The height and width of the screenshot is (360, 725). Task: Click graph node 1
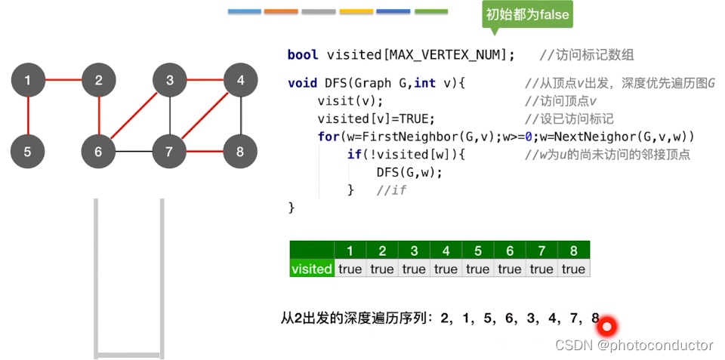28,80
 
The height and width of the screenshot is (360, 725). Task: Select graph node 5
28,152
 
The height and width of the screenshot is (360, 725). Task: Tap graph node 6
98,152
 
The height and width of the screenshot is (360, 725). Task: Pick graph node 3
170,80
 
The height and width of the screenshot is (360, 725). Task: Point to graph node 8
240,152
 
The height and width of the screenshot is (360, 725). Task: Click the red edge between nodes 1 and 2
63,80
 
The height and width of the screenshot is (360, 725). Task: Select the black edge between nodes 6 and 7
134,152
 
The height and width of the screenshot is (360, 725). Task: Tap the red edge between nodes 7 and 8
205,152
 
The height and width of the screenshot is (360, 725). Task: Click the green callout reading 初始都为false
527,14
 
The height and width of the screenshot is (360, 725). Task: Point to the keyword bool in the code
302,55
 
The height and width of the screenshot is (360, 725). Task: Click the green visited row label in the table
311,269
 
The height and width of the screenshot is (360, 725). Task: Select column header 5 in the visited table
477,251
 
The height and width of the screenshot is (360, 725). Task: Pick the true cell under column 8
573,269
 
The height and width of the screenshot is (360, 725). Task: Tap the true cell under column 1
350,269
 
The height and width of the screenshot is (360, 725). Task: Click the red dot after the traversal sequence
606,326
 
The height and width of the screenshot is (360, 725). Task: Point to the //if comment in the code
391,190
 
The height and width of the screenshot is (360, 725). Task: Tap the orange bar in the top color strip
281,12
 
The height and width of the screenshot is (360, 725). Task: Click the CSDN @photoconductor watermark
634,345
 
